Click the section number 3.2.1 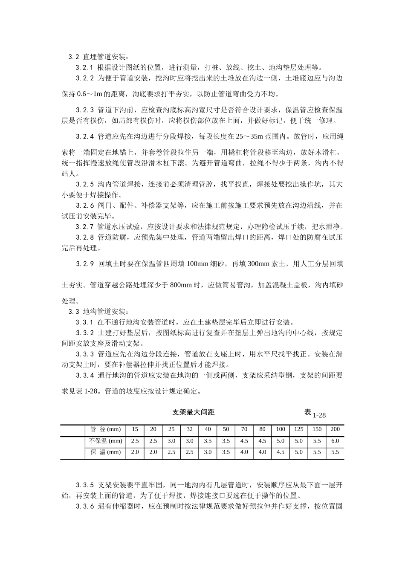(84, 67)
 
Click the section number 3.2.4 (84, 137)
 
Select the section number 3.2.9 (84, 264)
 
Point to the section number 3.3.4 (84, 376)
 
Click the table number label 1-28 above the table (319, 415)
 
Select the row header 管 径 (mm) (106, 429)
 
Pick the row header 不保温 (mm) (106, 441)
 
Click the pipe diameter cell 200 (335, 429)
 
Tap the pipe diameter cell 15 (135, 429)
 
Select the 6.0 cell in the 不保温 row (335, 441)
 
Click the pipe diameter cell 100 (281, 429)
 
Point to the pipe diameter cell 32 (189, 429)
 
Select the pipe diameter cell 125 (299, 429)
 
